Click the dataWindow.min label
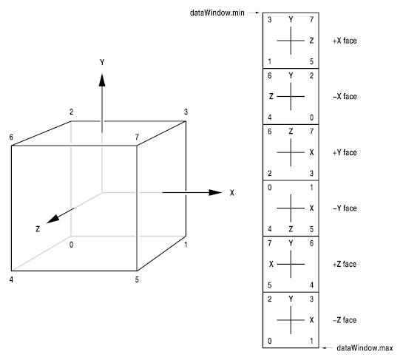click(x=217, y=13)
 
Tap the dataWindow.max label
click(x=365, y=348)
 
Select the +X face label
click(x=345, y=41)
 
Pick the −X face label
click(x=345, y=96)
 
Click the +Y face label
click(x=345, y=152)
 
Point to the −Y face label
click(x=345, y=208)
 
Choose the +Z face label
click(x=345, y=264)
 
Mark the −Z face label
click(x=345, y=320)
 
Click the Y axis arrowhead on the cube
click(x=102, y=80)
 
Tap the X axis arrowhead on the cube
click(x=215, y=192)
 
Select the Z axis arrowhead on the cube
click(x=53, y=219)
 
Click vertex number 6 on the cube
click(x=11, y=137)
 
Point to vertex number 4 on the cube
click(x=11, y=279)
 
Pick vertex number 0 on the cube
click(x=71, y=245)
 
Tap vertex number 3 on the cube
click(x=186, y=112)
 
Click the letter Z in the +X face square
click(x=311, y=41)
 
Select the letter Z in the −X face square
click(x=271, y=96)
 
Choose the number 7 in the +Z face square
click(x=270, y=243)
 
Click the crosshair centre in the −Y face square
click(x=291, y=208)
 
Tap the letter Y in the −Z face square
click(x=291, y=299)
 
